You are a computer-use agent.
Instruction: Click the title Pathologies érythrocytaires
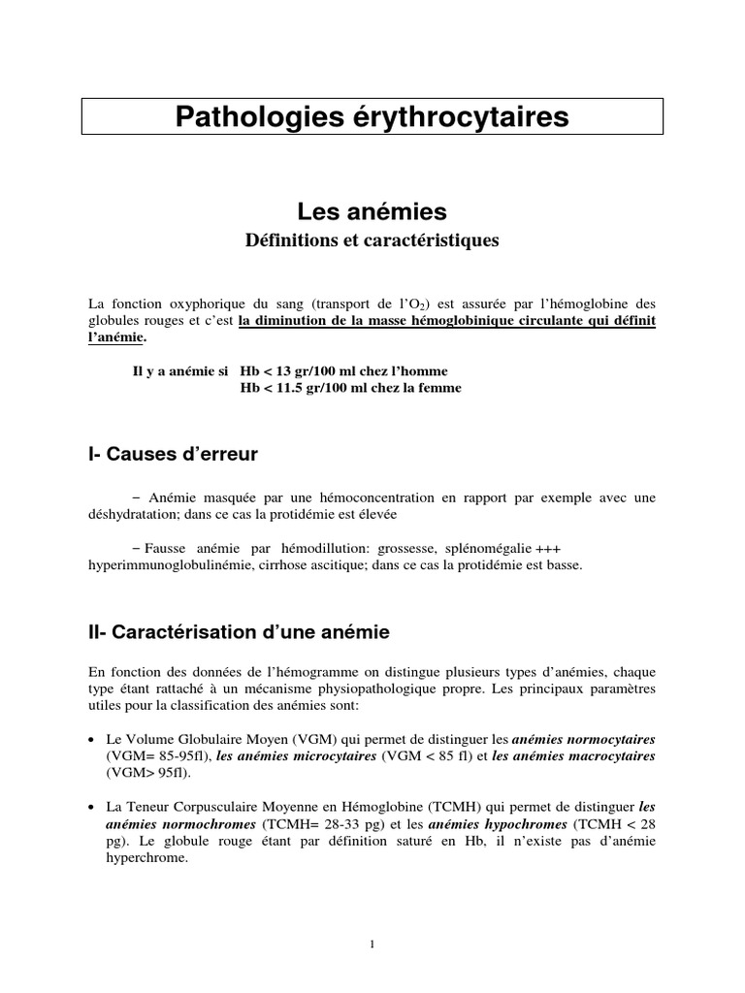coord(372,117)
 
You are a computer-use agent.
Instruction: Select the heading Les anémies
coord(372,209)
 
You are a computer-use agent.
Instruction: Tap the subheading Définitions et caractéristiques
coord(372,240)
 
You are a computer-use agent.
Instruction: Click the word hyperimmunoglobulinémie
coord(160,564)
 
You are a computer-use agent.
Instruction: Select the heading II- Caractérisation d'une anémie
coord(238,632)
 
